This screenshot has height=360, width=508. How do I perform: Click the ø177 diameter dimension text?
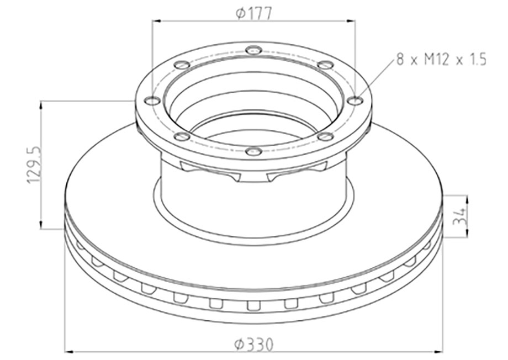click(253, 13)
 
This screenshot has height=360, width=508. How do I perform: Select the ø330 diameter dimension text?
click(253, 345)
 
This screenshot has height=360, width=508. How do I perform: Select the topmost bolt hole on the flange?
click(253, 50)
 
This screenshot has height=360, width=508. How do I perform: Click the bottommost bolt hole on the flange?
click(253, 151)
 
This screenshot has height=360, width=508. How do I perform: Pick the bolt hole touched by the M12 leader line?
click(355, 100)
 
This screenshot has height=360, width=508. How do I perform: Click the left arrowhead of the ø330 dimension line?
click(70, 351)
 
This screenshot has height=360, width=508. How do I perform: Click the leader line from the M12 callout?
click(375, 80)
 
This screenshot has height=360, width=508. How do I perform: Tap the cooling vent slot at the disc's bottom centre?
click(253, 305)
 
